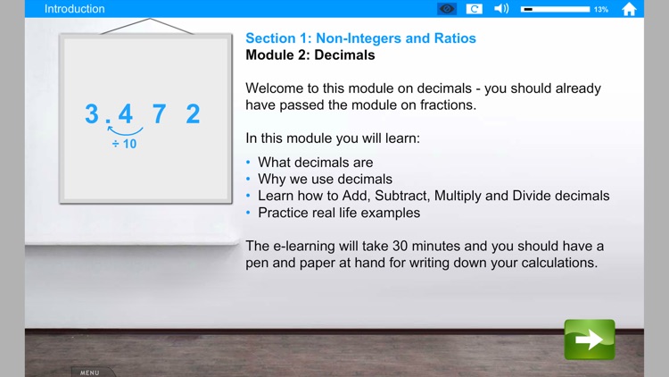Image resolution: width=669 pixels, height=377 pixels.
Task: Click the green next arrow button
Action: coord(590,339)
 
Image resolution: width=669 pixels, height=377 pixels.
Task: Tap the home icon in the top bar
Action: coord(629,9)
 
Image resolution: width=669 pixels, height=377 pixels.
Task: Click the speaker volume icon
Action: coord(501,9)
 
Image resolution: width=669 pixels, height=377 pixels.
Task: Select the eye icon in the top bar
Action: coord(447,9)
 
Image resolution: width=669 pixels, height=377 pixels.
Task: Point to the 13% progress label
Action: coord(601,9)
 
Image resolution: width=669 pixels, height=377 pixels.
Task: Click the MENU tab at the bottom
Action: coord(90,372)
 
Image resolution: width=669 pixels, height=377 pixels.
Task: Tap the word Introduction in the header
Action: coord(75,9)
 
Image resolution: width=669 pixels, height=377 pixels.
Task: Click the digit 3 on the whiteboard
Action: coord(92,114)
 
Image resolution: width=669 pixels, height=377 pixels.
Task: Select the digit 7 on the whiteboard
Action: coord(159,114)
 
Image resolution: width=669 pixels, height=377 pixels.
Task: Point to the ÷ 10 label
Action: coord(125,144)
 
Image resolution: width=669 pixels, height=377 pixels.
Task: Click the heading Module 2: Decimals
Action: coord(310,55)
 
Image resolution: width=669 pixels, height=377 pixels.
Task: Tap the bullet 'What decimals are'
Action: coord(316,163)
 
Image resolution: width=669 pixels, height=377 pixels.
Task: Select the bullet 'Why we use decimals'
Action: coord(325,179)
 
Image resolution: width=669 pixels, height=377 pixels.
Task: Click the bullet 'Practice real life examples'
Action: coord(339,213)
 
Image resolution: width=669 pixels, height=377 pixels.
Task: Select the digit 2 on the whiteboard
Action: coord(193,114)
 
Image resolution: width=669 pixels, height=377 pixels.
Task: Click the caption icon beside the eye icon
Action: coord(475,9)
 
